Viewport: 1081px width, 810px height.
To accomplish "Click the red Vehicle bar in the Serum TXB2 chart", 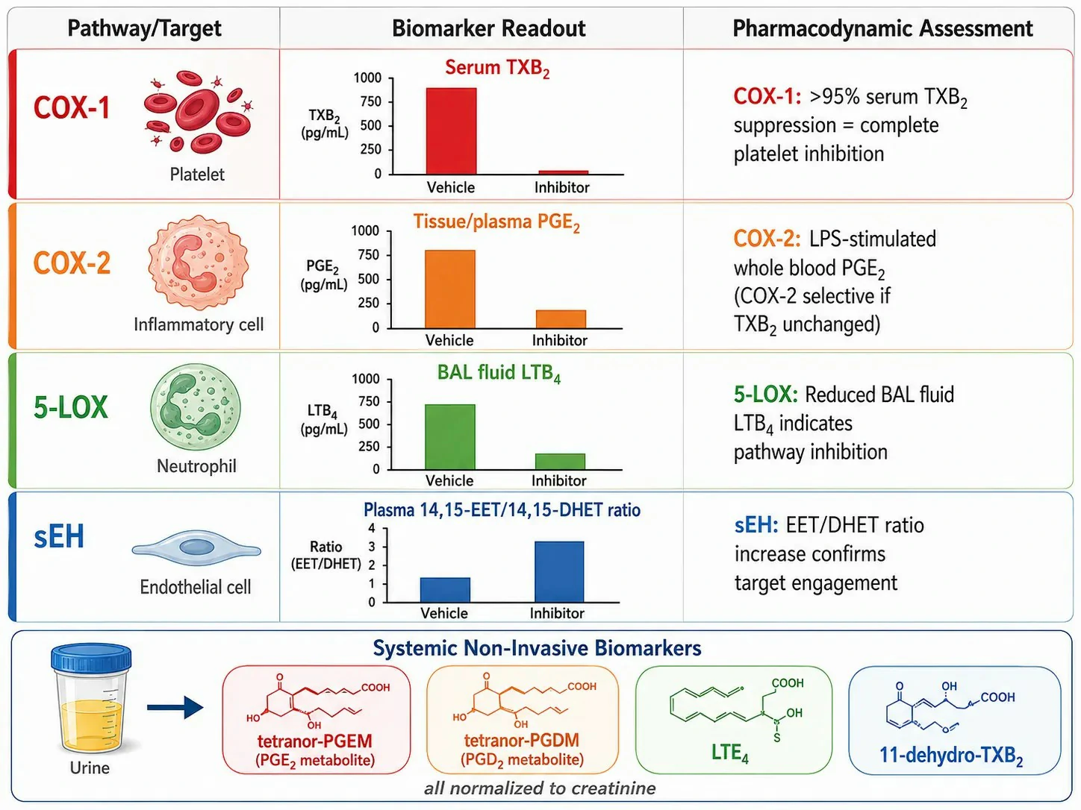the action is point(451,131).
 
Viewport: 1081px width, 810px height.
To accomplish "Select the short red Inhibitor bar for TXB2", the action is point(564,172).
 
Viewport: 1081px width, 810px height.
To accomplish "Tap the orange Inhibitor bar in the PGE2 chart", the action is point(561,319).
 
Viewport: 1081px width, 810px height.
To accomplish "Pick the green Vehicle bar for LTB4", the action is point(450,437).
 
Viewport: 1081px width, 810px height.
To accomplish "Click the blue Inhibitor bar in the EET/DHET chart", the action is point(559,572).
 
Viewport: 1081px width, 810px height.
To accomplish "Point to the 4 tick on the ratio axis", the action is point(372,528).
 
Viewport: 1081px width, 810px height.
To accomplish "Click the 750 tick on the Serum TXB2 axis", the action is point(371,101).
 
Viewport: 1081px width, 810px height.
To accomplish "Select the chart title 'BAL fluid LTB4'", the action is point(499,373).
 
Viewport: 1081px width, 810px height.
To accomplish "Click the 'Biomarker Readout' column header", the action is point(488,28).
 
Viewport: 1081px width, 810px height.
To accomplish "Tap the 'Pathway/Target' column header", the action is point(144,28).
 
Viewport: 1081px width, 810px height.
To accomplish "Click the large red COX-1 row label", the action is point(72,107).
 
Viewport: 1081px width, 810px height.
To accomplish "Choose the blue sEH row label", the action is point(59,536).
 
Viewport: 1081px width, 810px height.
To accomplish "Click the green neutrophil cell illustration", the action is point(196,406).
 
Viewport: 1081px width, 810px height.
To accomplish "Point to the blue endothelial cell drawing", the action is point(196,548).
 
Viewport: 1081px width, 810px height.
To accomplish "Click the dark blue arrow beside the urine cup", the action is point(175,708).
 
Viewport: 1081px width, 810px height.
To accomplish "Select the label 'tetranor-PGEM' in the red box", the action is point(315,741).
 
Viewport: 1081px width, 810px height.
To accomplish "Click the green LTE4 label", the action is point(730,753).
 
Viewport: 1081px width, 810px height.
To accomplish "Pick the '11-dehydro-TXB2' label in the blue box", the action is point(952,756).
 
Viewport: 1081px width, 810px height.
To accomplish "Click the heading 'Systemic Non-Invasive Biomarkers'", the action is point(537,647).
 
